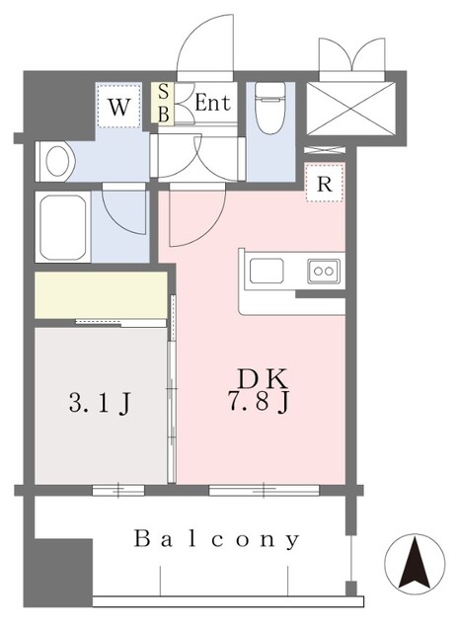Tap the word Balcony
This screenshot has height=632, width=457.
point(217,539)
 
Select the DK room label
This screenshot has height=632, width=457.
point(262,378)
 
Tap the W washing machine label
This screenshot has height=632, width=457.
point(117,107)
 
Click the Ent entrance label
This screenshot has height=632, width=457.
point(211,102)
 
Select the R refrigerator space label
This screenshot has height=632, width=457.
point(323,184)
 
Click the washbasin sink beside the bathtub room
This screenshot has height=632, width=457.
point(57,160)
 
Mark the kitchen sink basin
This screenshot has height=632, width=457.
point(267,270)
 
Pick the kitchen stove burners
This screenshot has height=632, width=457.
point(323,269)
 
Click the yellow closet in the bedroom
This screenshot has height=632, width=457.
point(101,294)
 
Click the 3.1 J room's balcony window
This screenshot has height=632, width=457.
point(117,489)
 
